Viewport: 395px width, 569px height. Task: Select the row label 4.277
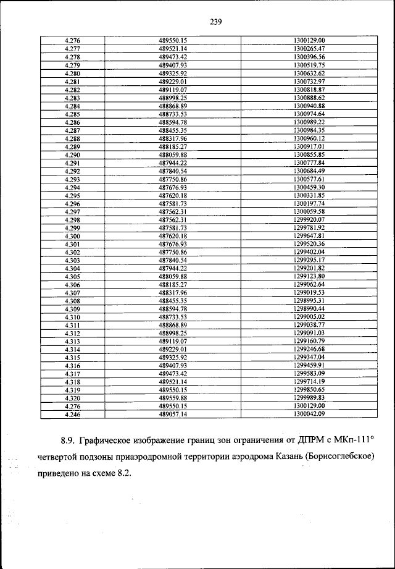coord(72,48)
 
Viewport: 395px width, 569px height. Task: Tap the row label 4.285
coord(72,114)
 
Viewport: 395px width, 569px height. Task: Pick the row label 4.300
coord(72,237)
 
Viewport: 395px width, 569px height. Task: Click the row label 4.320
coord(72,399)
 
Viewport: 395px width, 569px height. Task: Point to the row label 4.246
coord(72,415)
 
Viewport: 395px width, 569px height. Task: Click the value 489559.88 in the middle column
coord(172,399)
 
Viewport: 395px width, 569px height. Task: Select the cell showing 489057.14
coord(172,415)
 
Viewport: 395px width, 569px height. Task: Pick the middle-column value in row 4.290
coord(172,155)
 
